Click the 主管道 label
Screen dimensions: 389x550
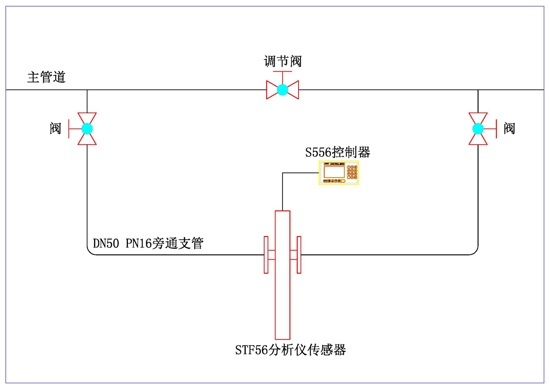pos(46,77)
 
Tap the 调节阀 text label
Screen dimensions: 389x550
pos(283,61)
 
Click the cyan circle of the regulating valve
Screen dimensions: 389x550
pos(283,90)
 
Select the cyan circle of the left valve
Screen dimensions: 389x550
pos(87,129)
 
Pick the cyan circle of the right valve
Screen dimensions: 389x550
pos(478,129)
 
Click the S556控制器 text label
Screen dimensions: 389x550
pos(338,152)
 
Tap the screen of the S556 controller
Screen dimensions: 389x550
pos(334,172)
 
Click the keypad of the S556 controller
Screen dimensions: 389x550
pos(352,172)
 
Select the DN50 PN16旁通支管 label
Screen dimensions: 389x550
pos(148,243)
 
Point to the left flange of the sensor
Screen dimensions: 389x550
pos(266,255)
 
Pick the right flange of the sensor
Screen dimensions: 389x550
pos(299,255)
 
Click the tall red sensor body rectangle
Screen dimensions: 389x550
pos(283,298)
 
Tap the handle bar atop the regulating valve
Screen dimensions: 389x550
pos(283,72)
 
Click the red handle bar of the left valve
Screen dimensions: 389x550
pos(69,129)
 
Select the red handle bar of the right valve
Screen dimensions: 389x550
pos(496,129)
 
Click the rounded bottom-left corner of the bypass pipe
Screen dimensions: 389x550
pos(90,252)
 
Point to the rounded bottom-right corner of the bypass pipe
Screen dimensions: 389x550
pos(475,252)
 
